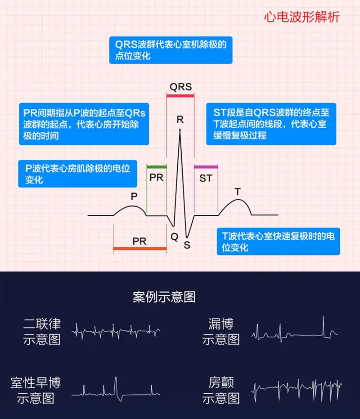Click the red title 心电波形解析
coord(301,17)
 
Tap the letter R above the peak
coord(180,120)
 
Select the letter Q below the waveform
coord(175,236)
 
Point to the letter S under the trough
coord(187,245)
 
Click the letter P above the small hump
coord(134,196)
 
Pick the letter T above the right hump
coord(238,192)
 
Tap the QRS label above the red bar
coord(181,87)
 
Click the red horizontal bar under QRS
coord(180,96)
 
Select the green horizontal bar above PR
coord(157,167)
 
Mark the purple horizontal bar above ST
coord(206,167)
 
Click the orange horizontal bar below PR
coord(140,249)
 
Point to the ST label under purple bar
coord(206,178)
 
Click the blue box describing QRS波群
coord(171,50)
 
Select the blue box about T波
coord(278,241)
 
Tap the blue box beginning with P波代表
coord(77,174)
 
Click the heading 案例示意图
coord(164,297)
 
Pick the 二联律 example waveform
coord(116,332)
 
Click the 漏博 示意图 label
coord(221,332)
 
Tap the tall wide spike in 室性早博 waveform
coord(116,386)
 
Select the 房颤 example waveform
coord(297,390)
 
